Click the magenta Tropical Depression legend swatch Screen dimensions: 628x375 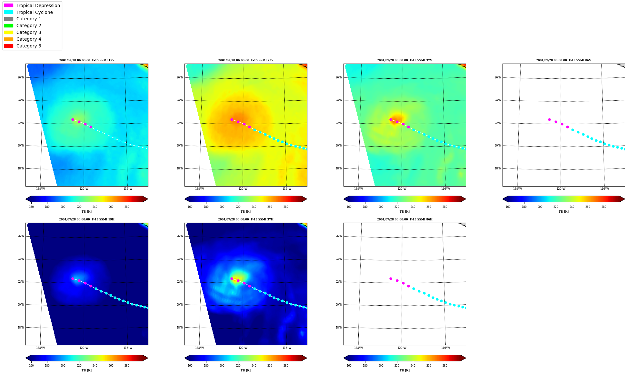pos(9,5)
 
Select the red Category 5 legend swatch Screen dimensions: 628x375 pos(9,46)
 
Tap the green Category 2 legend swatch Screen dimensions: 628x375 pos(9,25)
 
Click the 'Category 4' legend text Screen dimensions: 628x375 pos(29,39)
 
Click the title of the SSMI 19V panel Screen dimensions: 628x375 pos(87,60)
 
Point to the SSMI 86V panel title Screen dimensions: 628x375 pos(563,60)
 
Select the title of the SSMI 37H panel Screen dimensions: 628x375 pos(246,219)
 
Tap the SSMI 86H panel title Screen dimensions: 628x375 pos(405,219)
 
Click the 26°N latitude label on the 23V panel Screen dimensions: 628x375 pos(180,77)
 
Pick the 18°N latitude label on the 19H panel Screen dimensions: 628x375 pos(21,328)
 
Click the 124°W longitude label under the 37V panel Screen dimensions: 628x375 pos(358,189)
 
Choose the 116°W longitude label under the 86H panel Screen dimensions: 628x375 pos(445,348)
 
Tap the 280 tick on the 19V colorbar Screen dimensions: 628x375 pos(127,207)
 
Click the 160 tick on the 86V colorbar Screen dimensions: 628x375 pos(508,207)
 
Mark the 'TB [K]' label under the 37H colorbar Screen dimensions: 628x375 pos(246,370)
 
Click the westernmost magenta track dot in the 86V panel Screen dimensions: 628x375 pos(549,119)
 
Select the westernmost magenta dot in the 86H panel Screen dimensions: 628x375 pos(391,279)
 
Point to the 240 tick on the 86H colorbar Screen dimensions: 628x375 pos(413,366)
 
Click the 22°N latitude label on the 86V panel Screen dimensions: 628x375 pos(498,123)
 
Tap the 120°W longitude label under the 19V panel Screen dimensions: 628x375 pos(84,189)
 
